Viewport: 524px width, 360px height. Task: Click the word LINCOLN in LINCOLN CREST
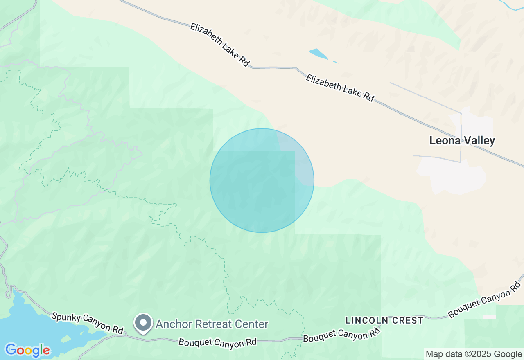click(x=364, y=320)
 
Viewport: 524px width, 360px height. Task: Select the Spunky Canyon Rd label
click(x=87, y=323)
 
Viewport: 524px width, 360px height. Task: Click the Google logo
click(x=27, y=350)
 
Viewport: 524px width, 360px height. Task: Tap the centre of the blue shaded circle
click(x=262, y=180)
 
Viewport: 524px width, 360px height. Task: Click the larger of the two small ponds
click(x=318, y=54)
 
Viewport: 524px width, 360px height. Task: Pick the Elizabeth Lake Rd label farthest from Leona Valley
click(x=220, y=45)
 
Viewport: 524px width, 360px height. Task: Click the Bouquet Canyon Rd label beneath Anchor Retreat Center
click(x=217, y=342)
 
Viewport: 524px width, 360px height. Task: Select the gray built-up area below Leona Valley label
click(x=450, y=176)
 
